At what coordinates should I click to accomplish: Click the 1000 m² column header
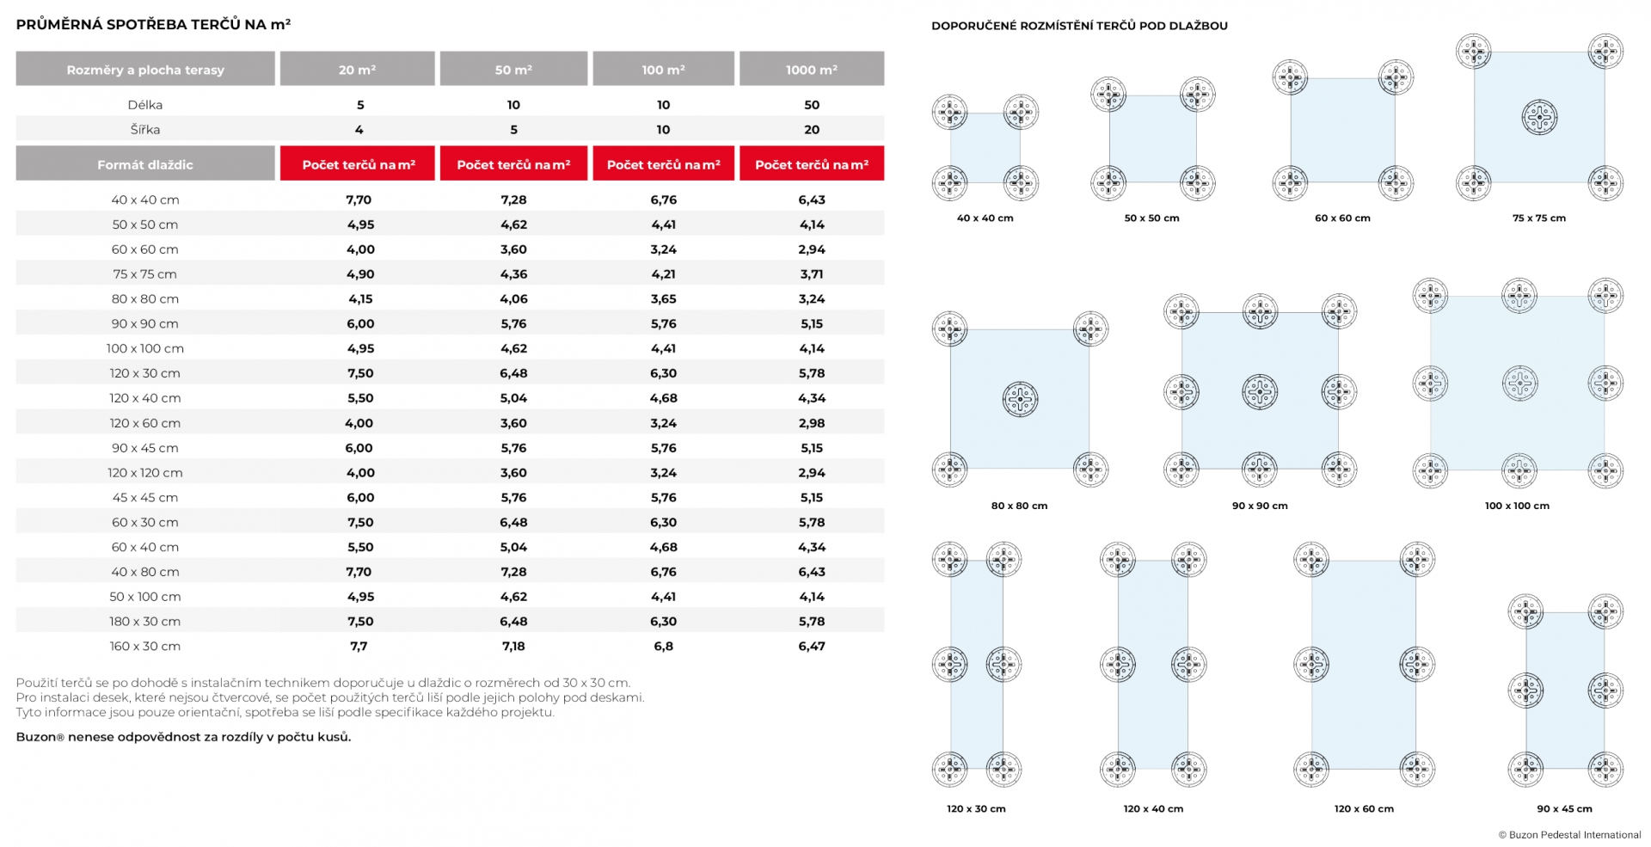(x=811, y=69)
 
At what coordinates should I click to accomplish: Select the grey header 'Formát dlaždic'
(x=145, y=163)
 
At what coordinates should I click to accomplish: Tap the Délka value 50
(x=812, y=105)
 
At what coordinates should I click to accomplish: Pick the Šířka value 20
(x=812, y=130)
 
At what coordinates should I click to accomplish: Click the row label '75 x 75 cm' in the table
(x=144, y=274)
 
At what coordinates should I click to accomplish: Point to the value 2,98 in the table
(x=812, y=423)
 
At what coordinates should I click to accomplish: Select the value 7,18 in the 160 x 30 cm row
(x=513, y=646)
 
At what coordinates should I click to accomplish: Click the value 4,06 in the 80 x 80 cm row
(x=513, y=299)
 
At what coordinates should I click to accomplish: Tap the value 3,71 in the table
(x=812, y=274)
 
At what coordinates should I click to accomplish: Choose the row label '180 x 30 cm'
(x=144, y=622)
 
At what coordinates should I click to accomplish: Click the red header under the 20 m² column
(x=358, y=163)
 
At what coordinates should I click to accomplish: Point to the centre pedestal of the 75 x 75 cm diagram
(x=1539, y=117)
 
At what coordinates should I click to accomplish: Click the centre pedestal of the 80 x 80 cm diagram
(x=1021, y=399)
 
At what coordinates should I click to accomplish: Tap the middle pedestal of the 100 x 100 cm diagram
(x=1519, y=384)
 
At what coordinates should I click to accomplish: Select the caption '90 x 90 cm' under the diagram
(x=1260, y=506)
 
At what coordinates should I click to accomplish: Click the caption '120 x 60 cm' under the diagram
(x=1364, y=808)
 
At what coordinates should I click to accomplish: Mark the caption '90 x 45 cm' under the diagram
(x=1564, y=808)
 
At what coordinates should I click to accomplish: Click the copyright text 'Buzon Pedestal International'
(x=1575, y=835)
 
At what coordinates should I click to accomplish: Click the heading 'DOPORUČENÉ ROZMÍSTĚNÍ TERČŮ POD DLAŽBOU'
(x=1079, y=26)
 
